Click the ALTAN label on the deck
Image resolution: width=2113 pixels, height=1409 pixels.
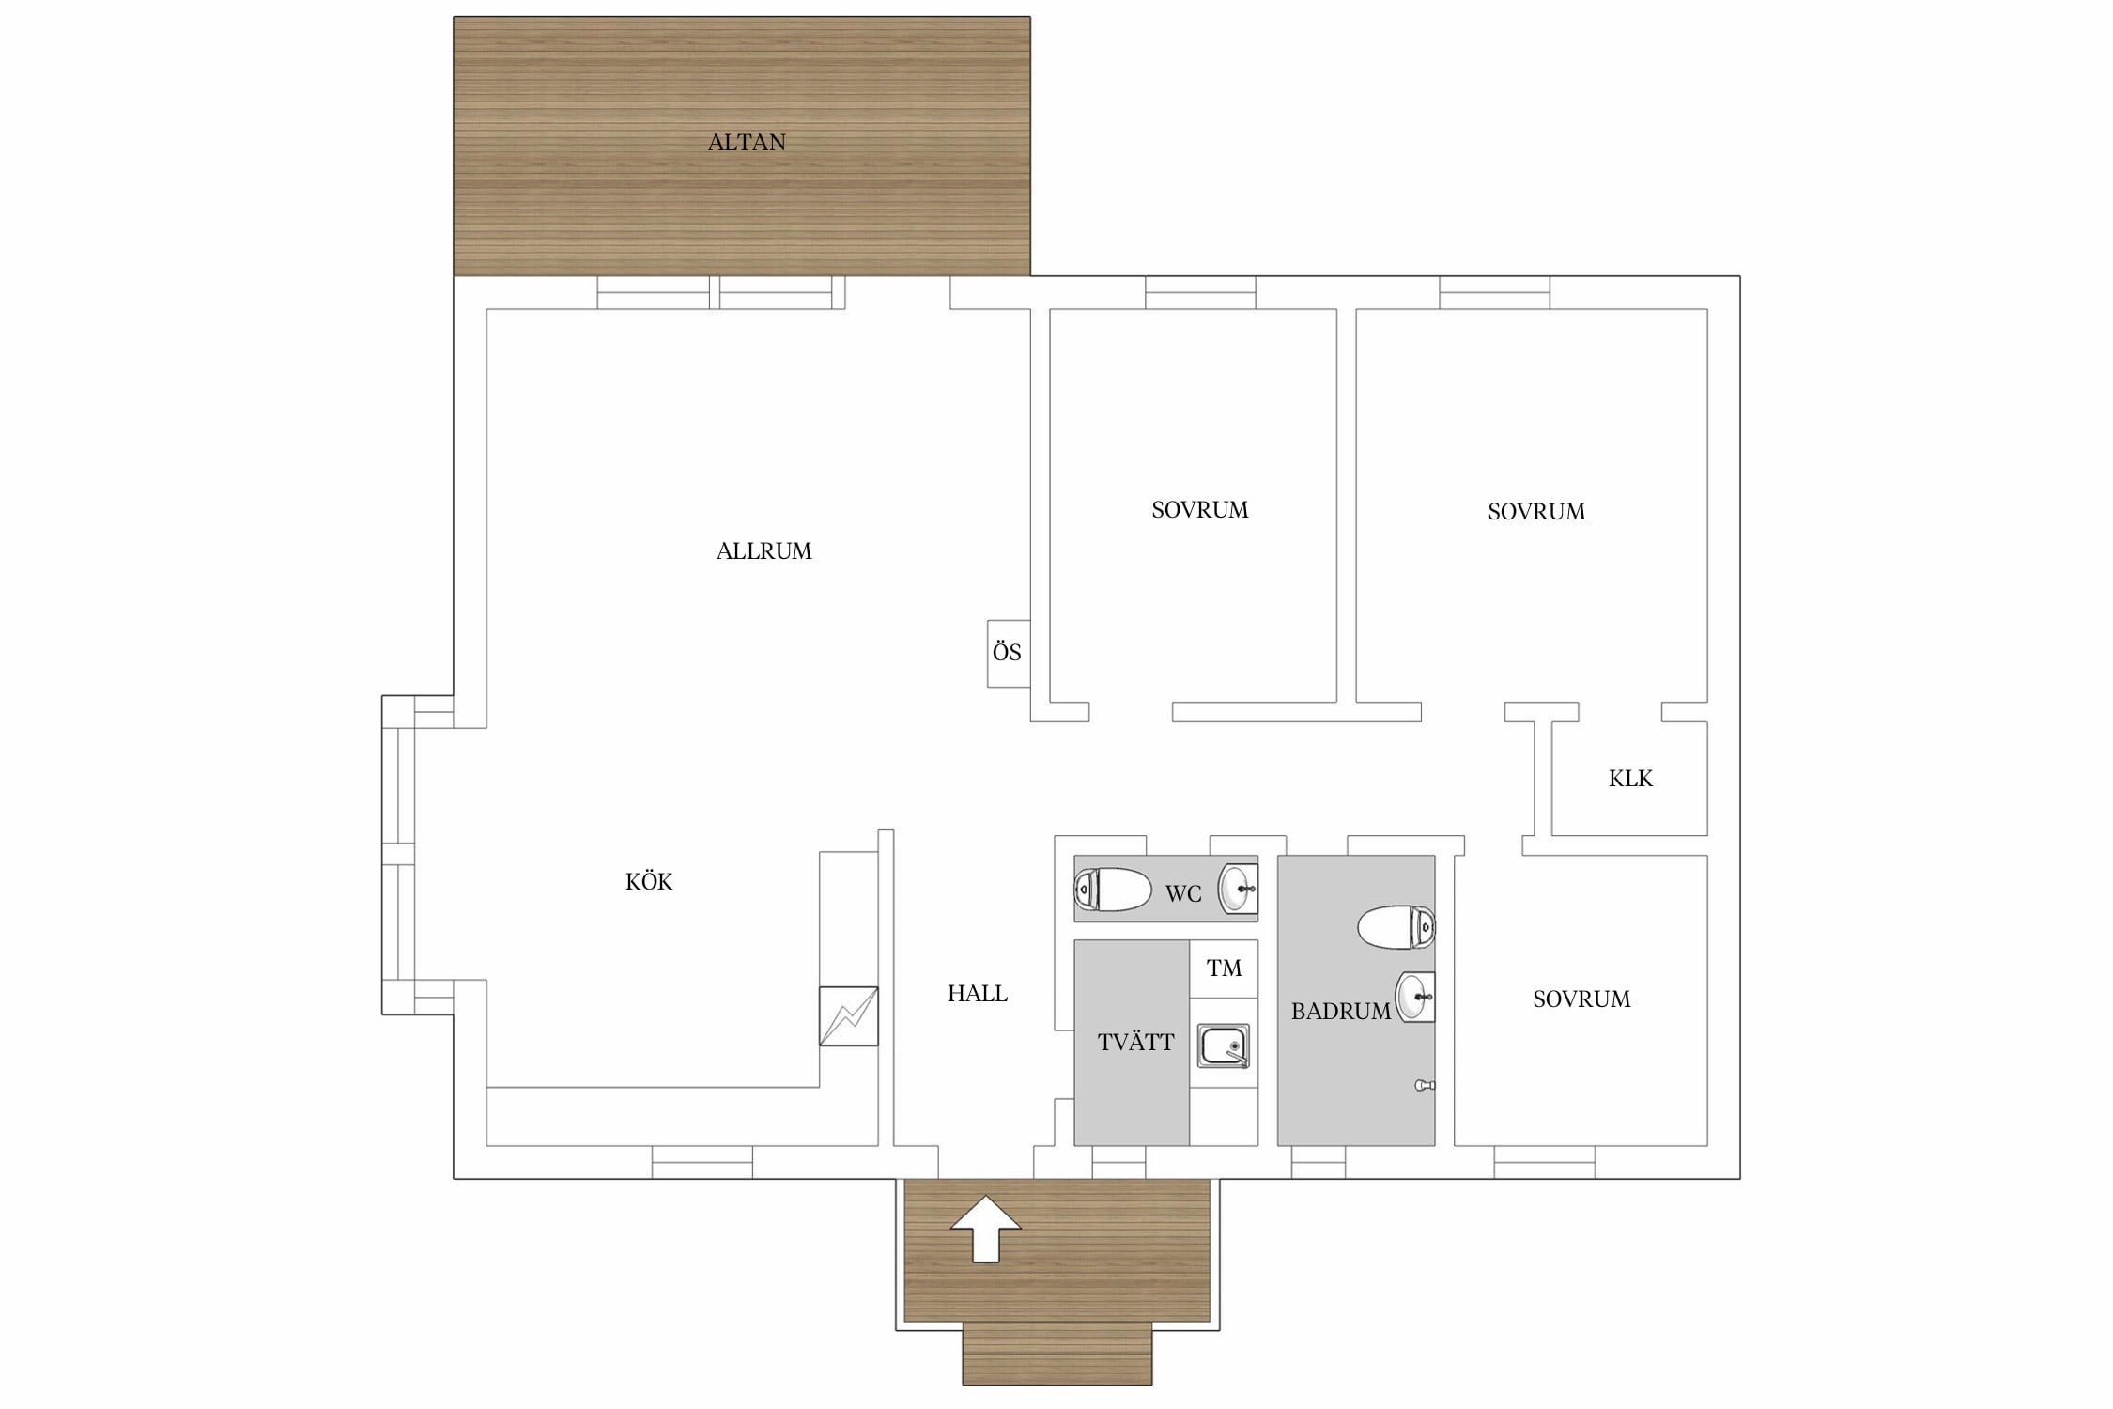click(x=747, y=143)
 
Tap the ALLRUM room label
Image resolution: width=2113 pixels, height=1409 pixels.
click(x=763, y=551)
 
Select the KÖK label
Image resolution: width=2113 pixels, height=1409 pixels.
click(x=649, y=881)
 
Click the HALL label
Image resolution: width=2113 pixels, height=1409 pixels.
click(x=977, y=994)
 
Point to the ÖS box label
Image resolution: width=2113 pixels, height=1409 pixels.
click(x=1007, y=652)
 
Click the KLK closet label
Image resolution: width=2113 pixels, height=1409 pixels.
click(x=1630, y=779)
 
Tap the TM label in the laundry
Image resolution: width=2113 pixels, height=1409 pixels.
click(x=1224, y=968)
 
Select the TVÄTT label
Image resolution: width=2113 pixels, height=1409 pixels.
click(x=1135, y=1042)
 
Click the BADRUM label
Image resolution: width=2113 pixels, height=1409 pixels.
click(x=1340, y=1012)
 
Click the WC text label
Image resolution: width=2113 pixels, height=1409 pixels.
click(x=1183, y=894)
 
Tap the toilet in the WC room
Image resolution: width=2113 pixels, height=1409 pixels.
click(x=1113, y=890)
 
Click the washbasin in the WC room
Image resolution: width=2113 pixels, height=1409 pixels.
click(x=1238, y=889)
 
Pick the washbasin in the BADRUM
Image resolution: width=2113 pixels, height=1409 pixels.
click(x=1415, y=997)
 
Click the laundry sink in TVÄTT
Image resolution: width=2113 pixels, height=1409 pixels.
click(x=1224, y=1045)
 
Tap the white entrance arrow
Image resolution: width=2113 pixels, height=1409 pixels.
click(x=985, y=1229)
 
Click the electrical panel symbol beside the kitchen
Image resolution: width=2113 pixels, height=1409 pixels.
click(x=849, y=1016)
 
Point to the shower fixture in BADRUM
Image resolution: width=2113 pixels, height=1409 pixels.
click(x=1425, y=1086)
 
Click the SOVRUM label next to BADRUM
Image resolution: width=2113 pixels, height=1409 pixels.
click(x=1581, y=999)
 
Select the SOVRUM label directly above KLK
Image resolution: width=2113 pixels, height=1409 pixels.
click(x=1536, y=512)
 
